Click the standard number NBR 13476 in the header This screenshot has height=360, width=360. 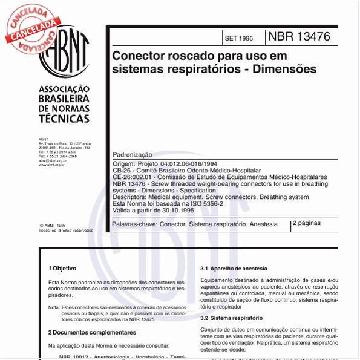click(x=299, y=36)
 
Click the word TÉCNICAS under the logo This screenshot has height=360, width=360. click(x=64, y=120)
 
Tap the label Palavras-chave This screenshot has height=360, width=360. click(x=134, y=224)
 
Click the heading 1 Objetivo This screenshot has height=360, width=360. click(x=63, y=268)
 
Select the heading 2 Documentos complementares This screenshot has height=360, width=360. click(x=92, y=332)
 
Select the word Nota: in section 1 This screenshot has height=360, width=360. click(x=54, y=307)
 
